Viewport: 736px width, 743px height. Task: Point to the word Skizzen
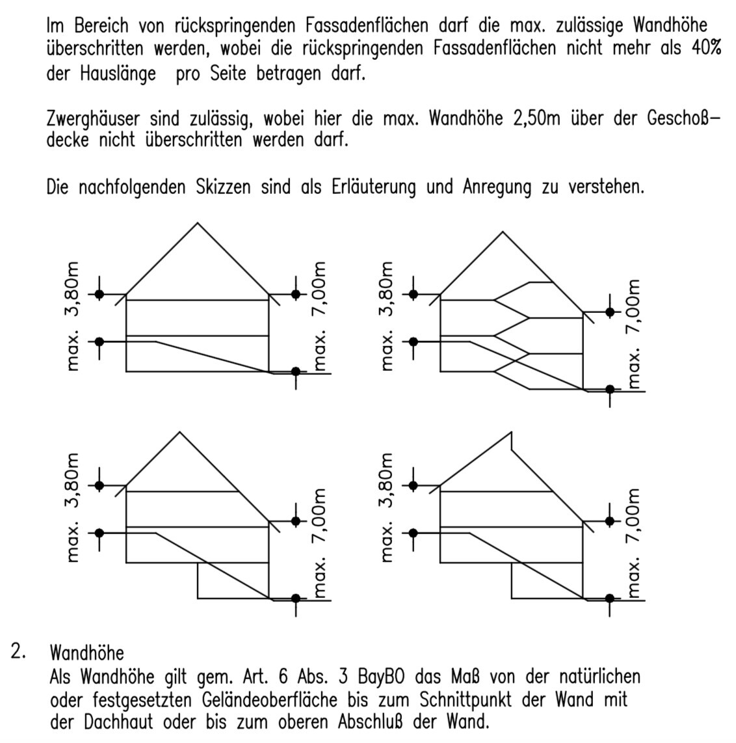[222, 187]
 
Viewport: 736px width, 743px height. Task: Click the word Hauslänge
[119, 73]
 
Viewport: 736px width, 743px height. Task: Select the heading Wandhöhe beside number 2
[86, 652]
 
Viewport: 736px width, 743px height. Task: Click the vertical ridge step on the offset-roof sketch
[512, 441]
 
